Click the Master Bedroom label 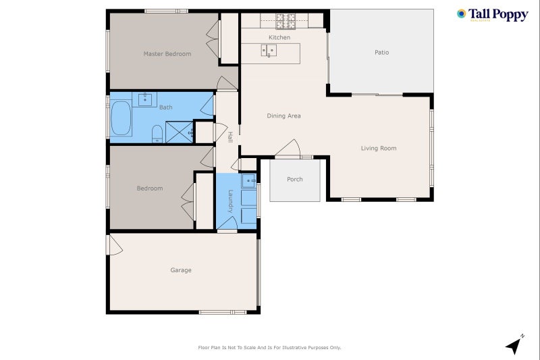tap(167, 54)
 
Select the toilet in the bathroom tap(157, 134)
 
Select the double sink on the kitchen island tap(269, 51)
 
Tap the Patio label tap(381, 53)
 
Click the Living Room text tap(378, 149)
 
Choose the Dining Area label tap(283, 116)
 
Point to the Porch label tap(294, 180)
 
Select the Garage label tap(180, 270)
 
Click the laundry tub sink tap(249, 180)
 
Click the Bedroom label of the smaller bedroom tap(150, 188)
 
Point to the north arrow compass tap(515, 345)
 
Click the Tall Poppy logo tap(492, 15)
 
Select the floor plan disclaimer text tap(269, 348)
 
